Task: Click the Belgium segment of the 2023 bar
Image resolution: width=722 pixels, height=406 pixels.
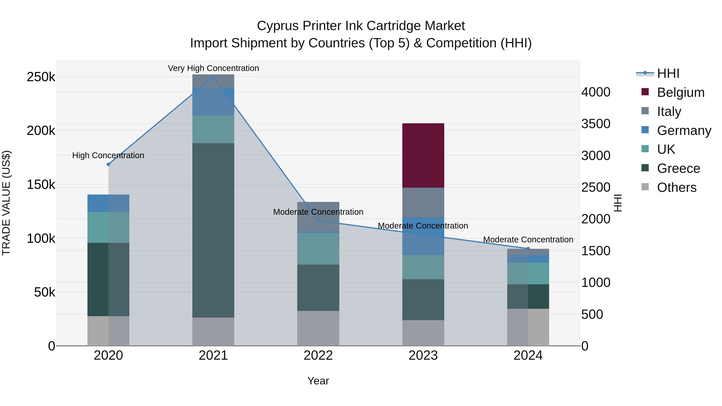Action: tap(423, 156)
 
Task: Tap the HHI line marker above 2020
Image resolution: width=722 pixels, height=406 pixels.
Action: tap(109, 164)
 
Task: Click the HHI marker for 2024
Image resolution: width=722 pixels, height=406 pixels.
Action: tap(528, 249)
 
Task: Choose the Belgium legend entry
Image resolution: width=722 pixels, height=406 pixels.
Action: tap(680, 92)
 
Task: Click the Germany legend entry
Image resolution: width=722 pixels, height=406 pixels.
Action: tap(684, 131)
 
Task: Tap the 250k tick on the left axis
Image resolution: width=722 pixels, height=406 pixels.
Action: tap(41, 77)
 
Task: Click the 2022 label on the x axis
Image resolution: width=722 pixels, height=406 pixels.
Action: tap(318, 355)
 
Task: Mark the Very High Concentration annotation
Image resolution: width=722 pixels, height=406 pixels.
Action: tap(213, 68)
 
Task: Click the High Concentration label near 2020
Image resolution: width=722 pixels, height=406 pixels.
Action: tap(108, 155)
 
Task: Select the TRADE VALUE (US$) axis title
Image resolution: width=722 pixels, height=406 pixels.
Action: tap(6, 203)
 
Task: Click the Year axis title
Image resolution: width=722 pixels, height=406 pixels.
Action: tap(318, 381)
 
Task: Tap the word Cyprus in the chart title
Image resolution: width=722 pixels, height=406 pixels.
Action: tap(278, 26)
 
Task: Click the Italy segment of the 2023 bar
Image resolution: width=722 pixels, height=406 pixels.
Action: tap(423, 202)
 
